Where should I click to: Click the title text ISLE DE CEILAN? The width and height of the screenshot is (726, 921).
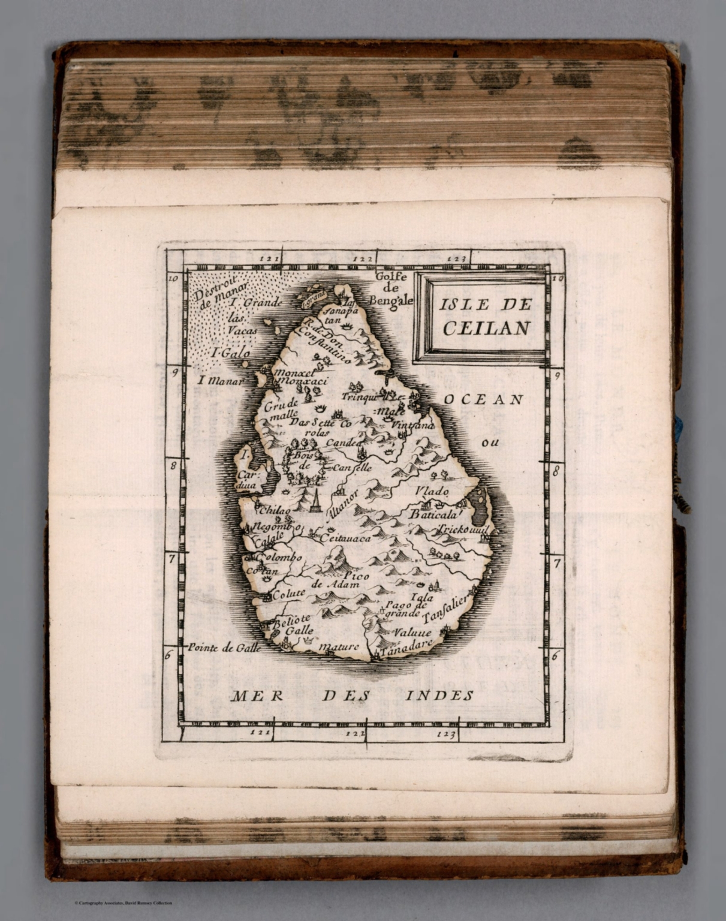[485, 315]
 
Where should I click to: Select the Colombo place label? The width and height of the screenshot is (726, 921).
[279, 557]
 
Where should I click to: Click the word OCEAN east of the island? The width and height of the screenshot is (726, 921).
[483, 399]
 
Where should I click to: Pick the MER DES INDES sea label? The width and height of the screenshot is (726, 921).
[353, 696]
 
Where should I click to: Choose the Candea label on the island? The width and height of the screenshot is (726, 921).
[345, 443]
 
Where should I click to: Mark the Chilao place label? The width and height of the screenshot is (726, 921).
[274, 510]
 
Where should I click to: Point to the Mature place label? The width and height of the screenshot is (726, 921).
[339, 646]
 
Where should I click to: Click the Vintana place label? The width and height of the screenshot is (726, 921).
[412, 425]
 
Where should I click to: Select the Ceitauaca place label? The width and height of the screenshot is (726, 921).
[346, 538]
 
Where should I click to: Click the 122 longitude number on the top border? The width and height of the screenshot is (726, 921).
[363, 259]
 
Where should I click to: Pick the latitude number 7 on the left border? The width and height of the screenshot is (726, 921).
[171, 558]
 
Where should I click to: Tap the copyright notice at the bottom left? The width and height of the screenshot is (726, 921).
[123, 903]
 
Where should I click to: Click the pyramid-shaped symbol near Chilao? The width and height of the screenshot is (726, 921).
[314, 501]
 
